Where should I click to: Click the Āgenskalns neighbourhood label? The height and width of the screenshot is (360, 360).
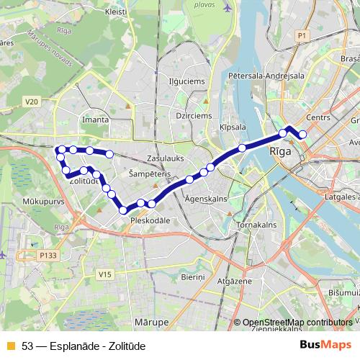coord(206,198)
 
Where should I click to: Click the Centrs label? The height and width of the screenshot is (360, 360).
coord(318,117)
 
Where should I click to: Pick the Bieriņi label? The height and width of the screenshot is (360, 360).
coord(193,276)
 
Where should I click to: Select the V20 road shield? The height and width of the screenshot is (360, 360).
coord(31,102)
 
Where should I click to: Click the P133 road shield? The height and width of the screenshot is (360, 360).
coord(48,255)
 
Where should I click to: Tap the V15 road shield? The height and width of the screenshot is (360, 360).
coord(106,274)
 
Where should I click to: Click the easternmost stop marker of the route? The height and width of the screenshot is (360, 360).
coord(303,134)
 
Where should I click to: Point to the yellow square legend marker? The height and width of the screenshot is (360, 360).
coord(10,346)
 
